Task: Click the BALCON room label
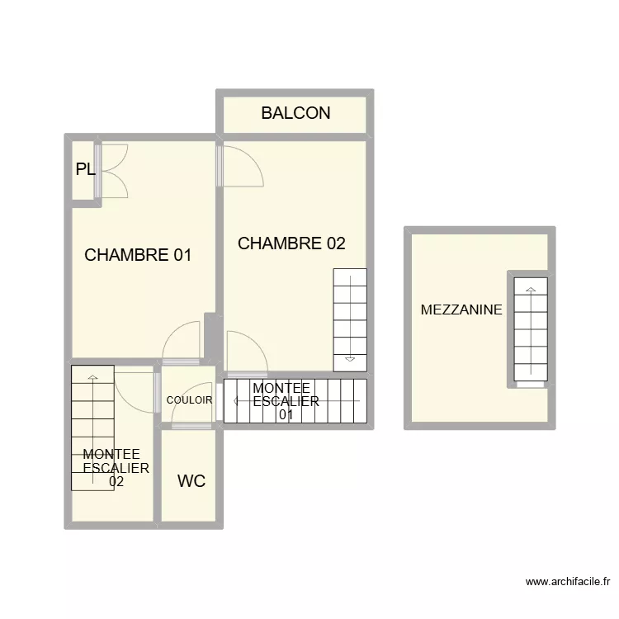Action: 295,113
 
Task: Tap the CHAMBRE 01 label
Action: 138,255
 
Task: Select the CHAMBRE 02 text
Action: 291,243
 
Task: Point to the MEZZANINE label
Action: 461,310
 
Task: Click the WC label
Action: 191,481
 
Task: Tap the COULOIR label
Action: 189,400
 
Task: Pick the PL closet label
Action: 85,170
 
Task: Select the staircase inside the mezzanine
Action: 530,330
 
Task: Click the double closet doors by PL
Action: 114,171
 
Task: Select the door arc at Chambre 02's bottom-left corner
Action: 246,351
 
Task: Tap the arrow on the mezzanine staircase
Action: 530,288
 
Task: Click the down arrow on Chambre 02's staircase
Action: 349,359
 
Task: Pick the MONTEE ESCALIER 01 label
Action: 285,401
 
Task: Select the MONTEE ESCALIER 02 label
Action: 116,468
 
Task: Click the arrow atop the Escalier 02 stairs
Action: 92,376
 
